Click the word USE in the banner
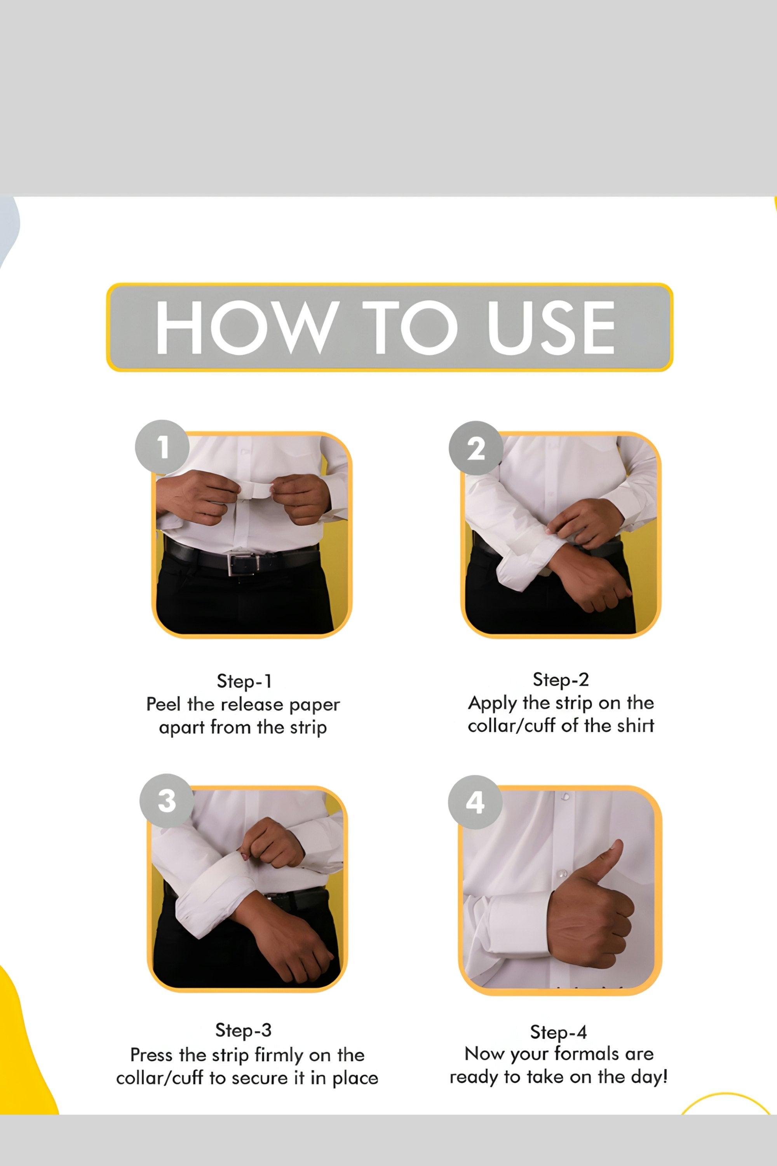coord(551,328)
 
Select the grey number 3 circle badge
coord(167,801)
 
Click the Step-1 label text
coord(244,681)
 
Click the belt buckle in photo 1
coord(244,563)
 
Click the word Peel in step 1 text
coord(164,704)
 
